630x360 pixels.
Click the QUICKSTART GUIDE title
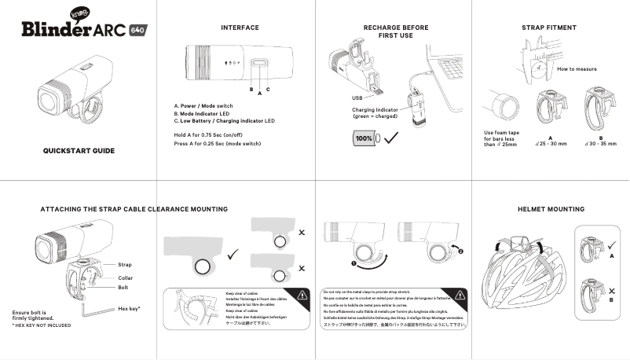pyautogui.click(x=79, y=150)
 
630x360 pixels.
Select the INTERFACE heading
pyautogui.click(x=240, y=28)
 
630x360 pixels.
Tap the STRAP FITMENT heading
pyautogui.click(x=549, y=28)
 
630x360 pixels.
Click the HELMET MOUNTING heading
pyautogui.click(x=551, y=210)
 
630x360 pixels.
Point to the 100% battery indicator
pyautogui.click(x=364, y=138)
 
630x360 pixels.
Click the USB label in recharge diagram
pyautogui.click(x=357, y=97)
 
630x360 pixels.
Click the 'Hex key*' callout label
pyautogui.click(x=128, y=309)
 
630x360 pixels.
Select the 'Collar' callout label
pyautogui.click(x=125, y=278)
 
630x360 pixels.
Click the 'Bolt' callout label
pyautogui.click(x=123, y=288)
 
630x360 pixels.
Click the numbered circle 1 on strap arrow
pyautogui.click(x=355, y=264)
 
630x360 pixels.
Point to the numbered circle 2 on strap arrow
pyautogui.click(x=460, y=252)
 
